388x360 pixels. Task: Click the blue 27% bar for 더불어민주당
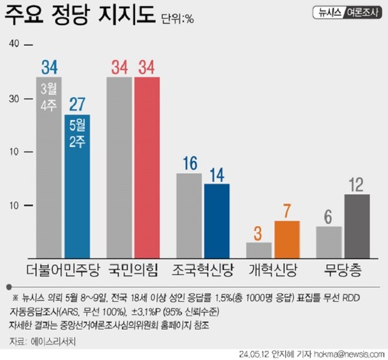pyautogui.click(x=77, y=187)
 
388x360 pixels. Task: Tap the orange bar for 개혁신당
pyautogui.click(x=287, y=240)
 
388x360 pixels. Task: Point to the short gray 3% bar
pyautogui.click(x=259, y=251)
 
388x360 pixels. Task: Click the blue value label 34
pyautogui.click(x=49, y=67)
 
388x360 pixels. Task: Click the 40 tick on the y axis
pyautogui.click(x=14, y=44)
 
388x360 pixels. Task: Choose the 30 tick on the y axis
pyautogui.click(x=14, y=98)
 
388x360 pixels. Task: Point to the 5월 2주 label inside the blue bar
pyautogui.click(x=77, y=134)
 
